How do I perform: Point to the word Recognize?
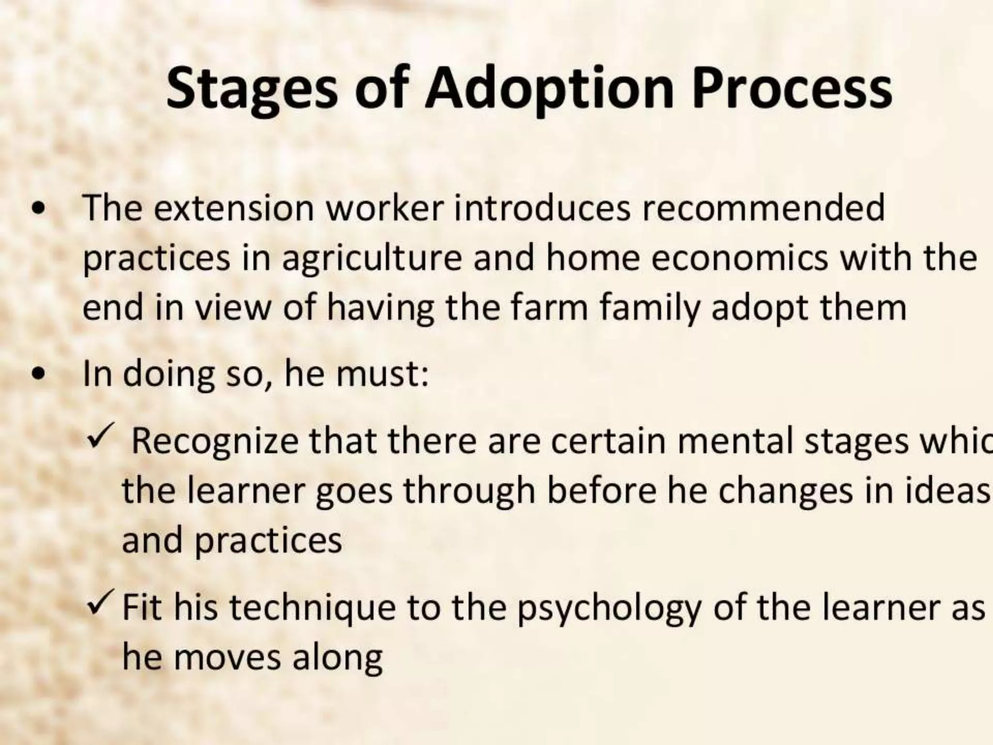[215, 441]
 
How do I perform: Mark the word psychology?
[609, 609]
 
